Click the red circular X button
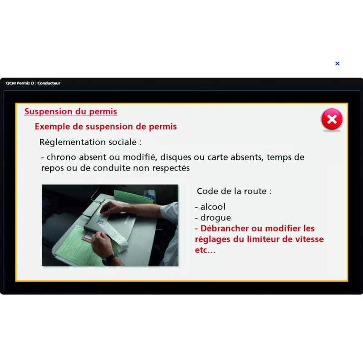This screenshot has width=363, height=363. [x=332, y=119]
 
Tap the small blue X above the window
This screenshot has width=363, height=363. [x=337, y=64]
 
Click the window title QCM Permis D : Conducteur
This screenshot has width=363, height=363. [x=33, y=83]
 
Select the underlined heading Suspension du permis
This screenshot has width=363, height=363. [x=71, y=112]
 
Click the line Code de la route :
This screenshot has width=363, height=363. [x=234, y=191]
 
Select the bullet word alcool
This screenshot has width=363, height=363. [x=213, y=207]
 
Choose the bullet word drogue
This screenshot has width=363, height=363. [x=216, y=218]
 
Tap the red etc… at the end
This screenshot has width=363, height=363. [x=205, y=250]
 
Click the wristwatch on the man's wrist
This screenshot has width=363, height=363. [x=110, y=259]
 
